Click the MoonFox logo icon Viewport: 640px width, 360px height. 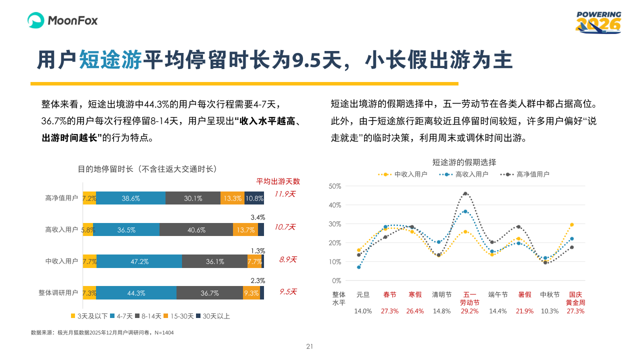click(36, 20)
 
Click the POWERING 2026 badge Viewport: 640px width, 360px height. click(598, 22)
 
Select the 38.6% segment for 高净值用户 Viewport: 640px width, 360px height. click(130, 198)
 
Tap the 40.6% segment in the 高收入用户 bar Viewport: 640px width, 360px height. click(196, 229)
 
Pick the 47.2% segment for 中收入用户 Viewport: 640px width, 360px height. click(139, 261)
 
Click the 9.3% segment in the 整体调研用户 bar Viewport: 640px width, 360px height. click(251, 293)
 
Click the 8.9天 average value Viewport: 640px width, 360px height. click(288, 259)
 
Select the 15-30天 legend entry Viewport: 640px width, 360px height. click(179, 316)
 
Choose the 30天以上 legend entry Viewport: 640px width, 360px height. click(213, 316)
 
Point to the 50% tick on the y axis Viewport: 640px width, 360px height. click(335, 186)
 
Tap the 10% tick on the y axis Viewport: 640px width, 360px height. click(335, 261)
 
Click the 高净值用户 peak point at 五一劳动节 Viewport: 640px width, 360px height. click(465, 193)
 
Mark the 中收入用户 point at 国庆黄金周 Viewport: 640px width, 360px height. click(571, 224)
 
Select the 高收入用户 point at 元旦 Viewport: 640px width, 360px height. click(359, 267)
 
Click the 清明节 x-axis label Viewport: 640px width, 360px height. click(442, 295)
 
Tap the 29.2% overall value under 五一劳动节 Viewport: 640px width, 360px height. click(470, 311)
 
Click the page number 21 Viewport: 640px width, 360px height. click(309, 346)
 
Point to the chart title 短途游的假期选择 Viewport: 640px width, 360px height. click(464, 162)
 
